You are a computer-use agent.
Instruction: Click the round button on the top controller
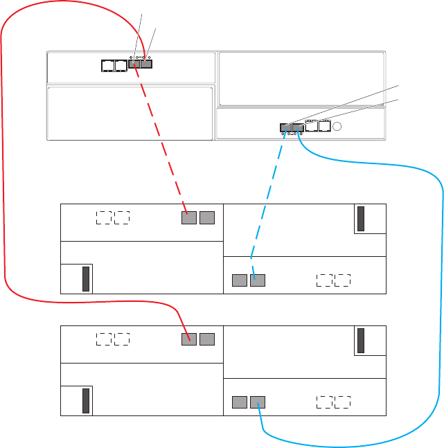337,127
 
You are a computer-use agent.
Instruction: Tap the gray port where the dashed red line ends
189,218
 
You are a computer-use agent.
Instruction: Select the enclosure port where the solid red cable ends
189,339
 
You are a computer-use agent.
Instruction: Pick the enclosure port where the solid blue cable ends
258,401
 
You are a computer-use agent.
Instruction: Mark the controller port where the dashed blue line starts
285,127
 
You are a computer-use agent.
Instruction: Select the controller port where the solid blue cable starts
298,127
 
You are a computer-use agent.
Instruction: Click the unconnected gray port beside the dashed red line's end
207,218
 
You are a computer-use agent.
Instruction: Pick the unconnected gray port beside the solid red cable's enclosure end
207,339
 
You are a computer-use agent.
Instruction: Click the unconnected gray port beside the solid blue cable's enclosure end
239,401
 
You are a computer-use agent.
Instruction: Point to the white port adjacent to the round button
323,127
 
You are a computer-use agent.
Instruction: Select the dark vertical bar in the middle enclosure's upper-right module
360,219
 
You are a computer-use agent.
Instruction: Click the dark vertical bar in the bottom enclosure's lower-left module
86,400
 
